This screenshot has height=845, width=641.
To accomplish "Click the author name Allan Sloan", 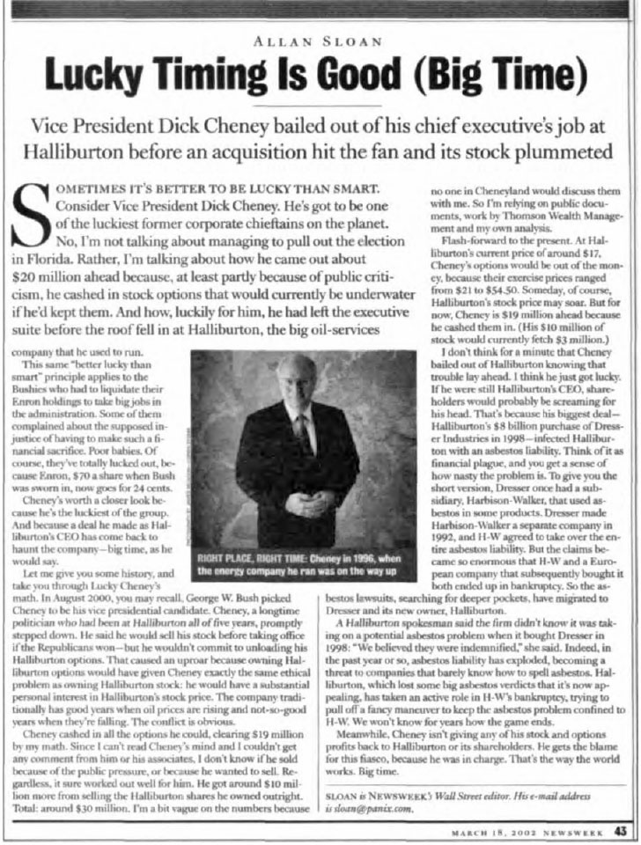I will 320,40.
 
